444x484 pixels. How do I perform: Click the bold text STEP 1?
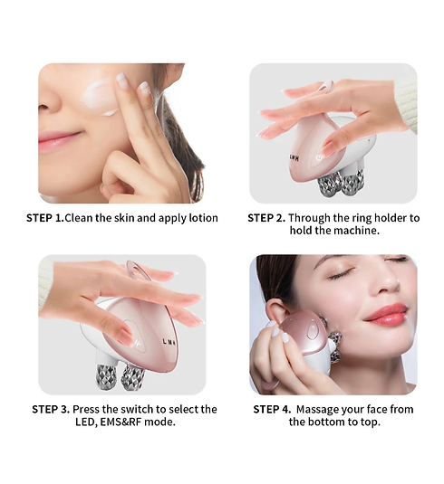click(44, 218)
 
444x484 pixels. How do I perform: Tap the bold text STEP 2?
click(266, 218)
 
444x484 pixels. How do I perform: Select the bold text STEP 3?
click(51, 409)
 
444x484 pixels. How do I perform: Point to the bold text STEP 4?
click(272, 409)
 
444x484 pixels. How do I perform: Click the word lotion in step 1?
click(204, 218)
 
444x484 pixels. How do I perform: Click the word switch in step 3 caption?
click(138, 409)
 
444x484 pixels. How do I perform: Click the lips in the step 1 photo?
click(58, 140)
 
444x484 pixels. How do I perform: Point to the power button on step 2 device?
click(319, 157)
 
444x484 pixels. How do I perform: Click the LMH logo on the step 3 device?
click(169, 342)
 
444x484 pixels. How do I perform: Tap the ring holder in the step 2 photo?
click(326, 87)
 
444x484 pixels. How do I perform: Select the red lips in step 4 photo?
click(386, 314)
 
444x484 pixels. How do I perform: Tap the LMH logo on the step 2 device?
click(294, 157)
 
